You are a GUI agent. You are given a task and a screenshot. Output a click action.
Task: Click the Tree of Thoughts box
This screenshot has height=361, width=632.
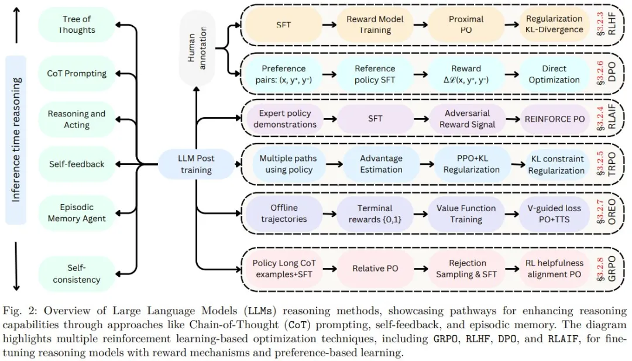click(x=77, y=25)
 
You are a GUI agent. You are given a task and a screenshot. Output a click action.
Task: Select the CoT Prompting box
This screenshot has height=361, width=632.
click(x=77, y=74)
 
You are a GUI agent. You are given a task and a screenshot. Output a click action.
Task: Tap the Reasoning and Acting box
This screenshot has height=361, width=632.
click(x=77, y=119)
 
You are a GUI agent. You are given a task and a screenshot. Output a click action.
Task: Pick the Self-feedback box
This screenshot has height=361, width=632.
click(x=77, y=164)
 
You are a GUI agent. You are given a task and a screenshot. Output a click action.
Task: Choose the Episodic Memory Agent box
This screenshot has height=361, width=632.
click(x=77, y=213)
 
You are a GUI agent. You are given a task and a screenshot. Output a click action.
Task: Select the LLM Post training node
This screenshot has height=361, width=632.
click(x=195, y=164)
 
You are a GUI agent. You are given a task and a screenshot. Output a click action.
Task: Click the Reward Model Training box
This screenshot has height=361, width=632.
click(x=375, y=25)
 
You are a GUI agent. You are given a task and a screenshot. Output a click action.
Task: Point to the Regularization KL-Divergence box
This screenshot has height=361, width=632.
click(x=554, y=25)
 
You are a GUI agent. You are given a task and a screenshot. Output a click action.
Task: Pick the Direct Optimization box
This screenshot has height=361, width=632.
click(x=554, y=74)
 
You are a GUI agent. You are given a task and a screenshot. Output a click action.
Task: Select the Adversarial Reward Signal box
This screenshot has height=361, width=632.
click(x=466, y=119)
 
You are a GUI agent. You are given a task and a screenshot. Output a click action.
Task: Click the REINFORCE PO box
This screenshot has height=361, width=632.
click(x=554, y=119)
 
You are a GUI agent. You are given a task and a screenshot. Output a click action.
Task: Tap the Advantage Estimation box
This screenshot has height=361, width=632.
click(x=381, y=164)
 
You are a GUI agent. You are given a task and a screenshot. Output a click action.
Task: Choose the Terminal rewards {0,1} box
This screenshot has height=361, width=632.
click(x=375, y=214)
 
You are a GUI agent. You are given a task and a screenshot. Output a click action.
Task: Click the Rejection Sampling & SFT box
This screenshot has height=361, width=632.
click(x=466, y=268)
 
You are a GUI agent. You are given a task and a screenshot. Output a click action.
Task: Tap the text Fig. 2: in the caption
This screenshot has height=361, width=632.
click(x=16, y=311)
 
